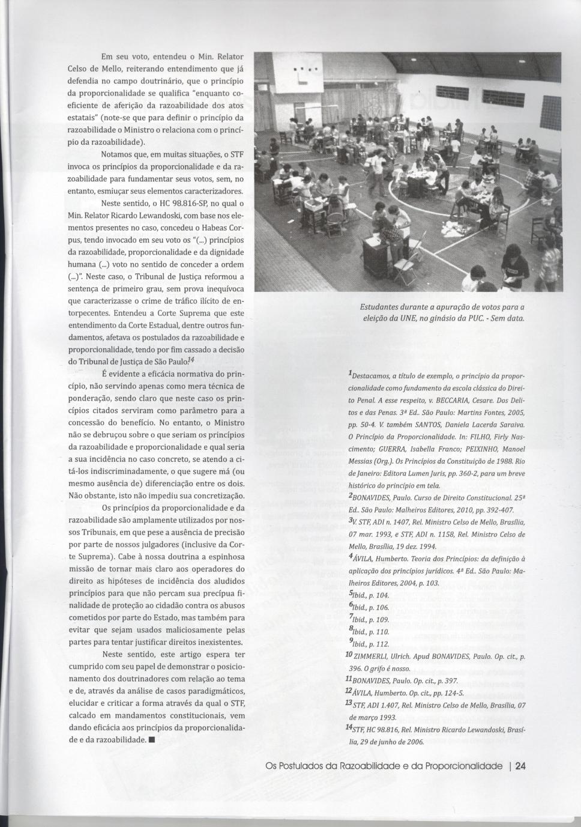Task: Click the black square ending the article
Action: coord(152,740)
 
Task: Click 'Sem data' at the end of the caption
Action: coord(508,318)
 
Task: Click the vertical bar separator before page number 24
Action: coord(509,766)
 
